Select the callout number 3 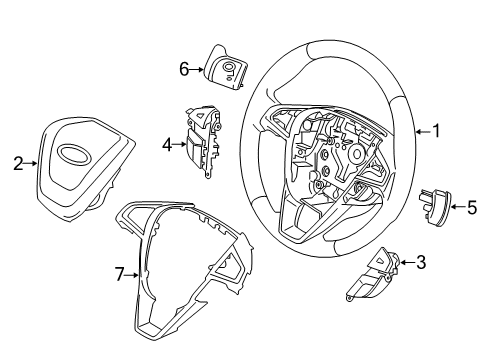pos(420,264)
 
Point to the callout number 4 pos(167,144)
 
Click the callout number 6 pos(184,69)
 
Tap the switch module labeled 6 pos(225,65)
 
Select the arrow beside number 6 pos(198,69)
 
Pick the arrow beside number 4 pos(180,144)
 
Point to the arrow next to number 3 pos(405,264)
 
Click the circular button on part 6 pos(229,69)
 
